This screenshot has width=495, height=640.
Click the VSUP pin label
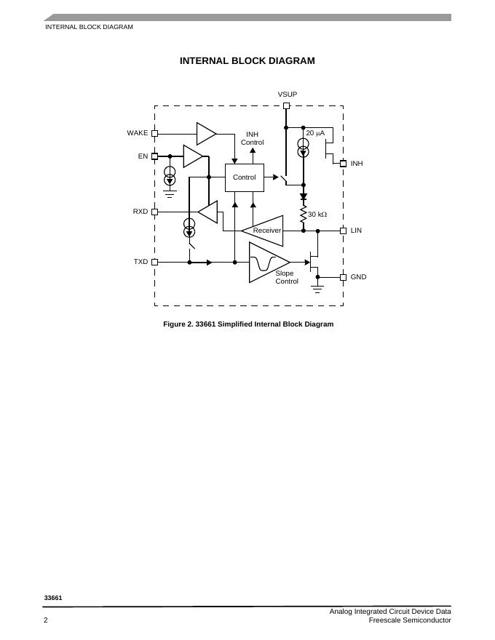287,95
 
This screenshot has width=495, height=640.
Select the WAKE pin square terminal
154,133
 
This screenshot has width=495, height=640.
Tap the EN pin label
143,156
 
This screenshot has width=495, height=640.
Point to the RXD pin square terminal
154,212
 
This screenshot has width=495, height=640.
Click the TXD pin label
140,261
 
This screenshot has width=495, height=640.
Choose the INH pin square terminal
343,164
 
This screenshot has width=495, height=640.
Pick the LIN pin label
356,231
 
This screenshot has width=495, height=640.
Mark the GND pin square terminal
343,277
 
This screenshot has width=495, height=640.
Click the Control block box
244,177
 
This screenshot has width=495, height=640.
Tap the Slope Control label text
286,277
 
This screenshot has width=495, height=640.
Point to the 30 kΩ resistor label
317,215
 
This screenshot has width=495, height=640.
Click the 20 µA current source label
315,133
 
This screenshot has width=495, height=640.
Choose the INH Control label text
252,138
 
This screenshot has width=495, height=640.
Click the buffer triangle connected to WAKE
205,133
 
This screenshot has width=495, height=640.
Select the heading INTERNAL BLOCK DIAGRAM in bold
247,61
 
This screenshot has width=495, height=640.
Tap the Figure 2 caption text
248,324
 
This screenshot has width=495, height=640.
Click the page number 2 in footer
46,620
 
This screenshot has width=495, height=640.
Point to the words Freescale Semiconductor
409,620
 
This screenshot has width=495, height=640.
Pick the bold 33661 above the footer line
53,598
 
